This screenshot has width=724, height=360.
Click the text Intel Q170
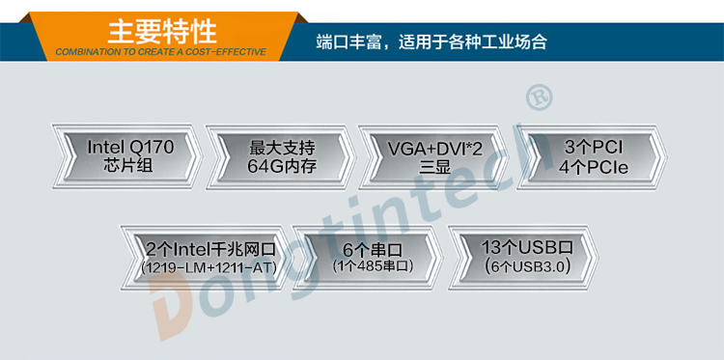[x=130, y=148]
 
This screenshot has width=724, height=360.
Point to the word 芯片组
[x=130, y=166]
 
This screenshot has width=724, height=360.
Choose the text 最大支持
[x=282, y=148]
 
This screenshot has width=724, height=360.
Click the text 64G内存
[x=282, y=166]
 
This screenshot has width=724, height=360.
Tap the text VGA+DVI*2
[x=434, y=148]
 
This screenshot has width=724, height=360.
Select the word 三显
[x=434, y=166]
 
